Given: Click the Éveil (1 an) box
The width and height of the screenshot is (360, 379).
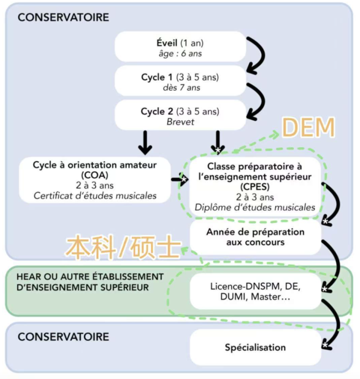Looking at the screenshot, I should click(180, 47).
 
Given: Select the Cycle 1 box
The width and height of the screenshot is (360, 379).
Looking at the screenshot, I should click(180, 82).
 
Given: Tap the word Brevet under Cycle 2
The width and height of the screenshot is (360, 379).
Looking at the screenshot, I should click(180, 122).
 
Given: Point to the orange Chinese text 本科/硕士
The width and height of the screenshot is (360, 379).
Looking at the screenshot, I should click(122, 248).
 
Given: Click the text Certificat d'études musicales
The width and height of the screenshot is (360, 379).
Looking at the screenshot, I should click(94, 196).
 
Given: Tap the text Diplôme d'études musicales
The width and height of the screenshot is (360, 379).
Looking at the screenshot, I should click(255, 207).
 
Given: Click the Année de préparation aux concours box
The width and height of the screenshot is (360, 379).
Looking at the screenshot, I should click(255, 237).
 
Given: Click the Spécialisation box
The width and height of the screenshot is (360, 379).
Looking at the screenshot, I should click(255, 348).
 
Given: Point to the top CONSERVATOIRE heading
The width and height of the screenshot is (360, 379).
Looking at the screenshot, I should click(63, 17).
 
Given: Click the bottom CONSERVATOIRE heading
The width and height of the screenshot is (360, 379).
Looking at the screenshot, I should click(63, 337).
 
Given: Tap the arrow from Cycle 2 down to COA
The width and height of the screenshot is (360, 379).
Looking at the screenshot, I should click(145, 142).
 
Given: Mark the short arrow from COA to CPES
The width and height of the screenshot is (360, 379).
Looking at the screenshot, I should click(178, 180).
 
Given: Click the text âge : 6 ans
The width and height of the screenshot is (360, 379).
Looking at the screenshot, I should click(180, 54).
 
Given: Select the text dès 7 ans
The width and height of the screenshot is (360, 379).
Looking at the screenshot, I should click(180, 88).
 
